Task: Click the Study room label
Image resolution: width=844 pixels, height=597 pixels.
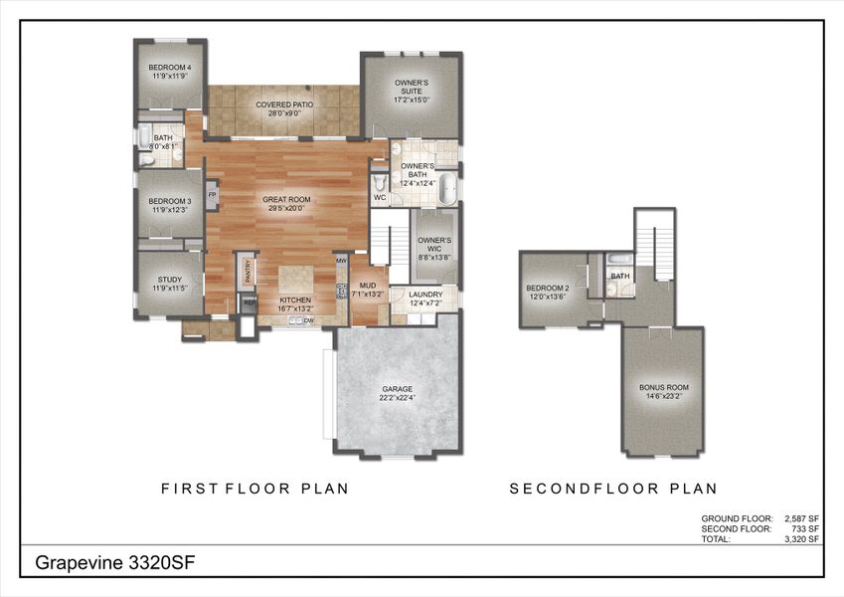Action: (167, 283)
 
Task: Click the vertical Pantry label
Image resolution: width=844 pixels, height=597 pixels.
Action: (250, 270)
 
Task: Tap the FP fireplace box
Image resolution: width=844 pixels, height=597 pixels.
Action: (212, 195)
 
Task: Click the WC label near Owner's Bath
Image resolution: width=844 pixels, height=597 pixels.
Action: (380, 197)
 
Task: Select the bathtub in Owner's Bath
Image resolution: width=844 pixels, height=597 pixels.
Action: (448, 187)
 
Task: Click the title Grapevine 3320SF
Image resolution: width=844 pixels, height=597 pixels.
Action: (115, 562)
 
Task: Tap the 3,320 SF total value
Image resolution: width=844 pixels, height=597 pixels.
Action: (800, 538)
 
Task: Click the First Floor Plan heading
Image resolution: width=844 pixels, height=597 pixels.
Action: (254, 489)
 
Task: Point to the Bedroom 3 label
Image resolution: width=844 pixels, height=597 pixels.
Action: (169, 205)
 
